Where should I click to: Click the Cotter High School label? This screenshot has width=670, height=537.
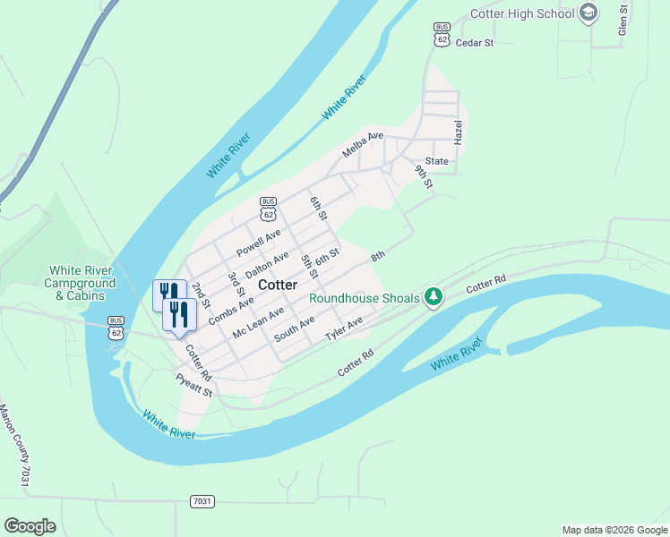point(523,14)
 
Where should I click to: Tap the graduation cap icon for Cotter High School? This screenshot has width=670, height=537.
point(588,13)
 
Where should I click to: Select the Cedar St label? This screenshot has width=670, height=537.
point(475,42)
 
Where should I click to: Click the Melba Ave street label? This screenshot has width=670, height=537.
point(363,144)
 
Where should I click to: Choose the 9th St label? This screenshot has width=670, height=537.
point(424,175)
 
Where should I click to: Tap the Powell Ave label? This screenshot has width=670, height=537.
point(259,241)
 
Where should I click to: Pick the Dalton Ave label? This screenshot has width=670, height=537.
point(267,263)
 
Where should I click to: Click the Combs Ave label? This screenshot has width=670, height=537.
point(231,311)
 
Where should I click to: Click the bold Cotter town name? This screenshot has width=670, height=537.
point(278,285)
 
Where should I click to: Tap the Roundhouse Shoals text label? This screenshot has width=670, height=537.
point(365,298)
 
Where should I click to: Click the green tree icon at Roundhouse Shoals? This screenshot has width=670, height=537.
point(434,296)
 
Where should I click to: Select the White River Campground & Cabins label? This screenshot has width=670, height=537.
point(82,283)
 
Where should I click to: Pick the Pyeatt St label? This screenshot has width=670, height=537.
point(194,386)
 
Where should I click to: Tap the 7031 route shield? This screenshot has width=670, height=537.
point(202,501)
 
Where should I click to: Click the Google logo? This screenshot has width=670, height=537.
point(30,525)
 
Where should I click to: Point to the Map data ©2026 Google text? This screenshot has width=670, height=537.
point(614,530)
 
